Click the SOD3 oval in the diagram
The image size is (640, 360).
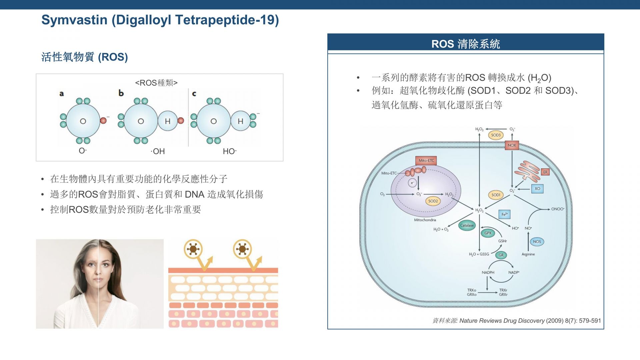click(x=496, y=135)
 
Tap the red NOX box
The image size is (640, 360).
click(x=512, y=145)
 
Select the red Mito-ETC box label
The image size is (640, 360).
click(x=426, y=160)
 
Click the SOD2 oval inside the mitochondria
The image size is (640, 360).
click(x=433, y=201)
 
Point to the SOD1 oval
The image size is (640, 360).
click(x=496, y=195)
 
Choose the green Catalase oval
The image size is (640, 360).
click(x=467, y=225)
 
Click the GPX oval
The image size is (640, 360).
click(x=488, y=233)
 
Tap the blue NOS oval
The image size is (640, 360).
click(x=537, y=242)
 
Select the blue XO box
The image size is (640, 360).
click(x=537, y=189)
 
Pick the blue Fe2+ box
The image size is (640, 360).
click(x=504, y=214)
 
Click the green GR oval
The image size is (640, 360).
click(x=501, y=255)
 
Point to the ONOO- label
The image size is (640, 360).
click(x=558, y=209)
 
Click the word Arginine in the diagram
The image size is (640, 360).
click(x=528, y=254)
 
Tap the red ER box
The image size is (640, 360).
click(x=545, y=172)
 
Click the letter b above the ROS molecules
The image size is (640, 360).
click(x=121, y=93)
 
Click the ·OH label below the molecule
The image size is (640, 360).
click(x=158, y=151)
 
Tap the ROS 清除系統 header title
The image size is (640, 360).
click(x=465, y=44)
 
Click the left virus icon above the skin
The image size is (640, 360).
click(x=193, y=249)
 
